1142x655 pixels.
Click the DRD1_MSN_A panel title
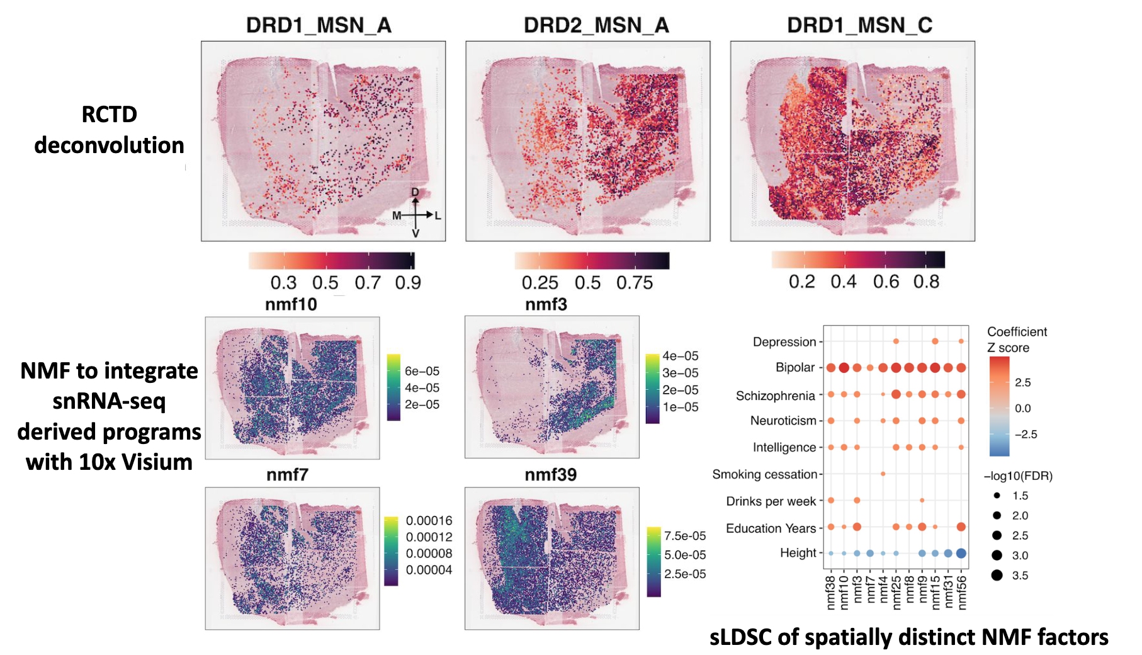pyautogui.click(x=319, y=25)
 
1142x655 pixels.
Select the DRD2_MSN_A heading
pyautogui.click(x=596, y=25)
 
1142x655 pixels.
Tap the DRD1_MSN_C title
pyautogui.click(x=859, y=25)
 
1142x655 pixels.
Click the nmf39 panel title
pyautogui.click(x=551, y=475)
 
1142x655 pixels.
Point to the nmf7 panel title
pyautogui.click(x=287, y=475)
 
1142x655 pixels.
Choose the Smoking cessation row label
pyautogui.click(x=764, y=474)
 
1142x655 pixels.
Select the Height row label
pyautogui.click(x=798, y=553)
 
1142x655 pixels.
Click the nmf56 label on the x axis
pyautogui.click(x=961, y=592)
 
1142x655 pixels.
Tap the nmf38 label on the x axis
pyautogui.click(x=830, y=592)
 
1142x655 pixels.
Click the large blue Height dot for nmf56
pyautogui.click(x=961, y=554)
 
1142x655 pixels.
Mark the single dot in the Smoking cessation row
pyautogui.click(x=883, y=474)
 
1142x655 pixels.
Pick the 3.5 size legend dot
pyautogui.click(x=997, y=575)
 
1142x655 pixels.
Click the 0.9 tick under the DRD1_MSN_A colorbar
pyautogui.click(x=408, y=283)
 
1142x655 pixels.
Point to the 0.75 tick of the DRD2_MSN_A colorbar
pyautogui.click(x=635, y=283)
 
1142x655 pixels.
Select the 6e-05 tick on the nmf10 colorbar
pyautogui.click(x=422, y=372)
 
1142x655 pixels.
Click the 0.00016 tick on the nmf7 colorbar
pyautogui.click(x=429, y=521)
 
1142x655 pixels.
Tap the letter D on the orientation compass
pyautogui.click(x=416, y=192)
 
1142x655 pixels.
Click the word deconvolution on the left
pyautogui.click(x=109, y=145)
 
